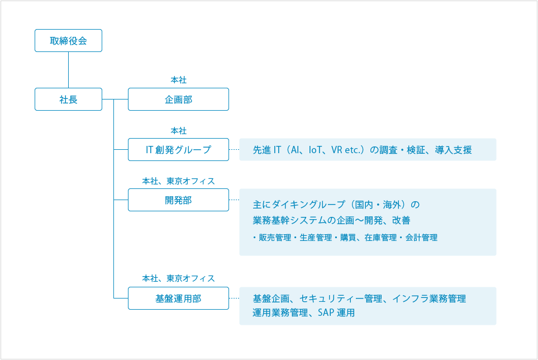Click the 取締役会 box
(x=68, y=41)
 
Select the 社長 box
(x=68, y=100)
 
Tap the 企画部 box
(x=178, y=100)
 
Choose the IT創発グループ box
(x=178, y=150)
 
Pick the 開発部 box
(x=178, y=200)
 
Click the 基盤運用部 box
(x=178, y=299)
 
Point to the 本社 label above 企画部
(x=178, y=80)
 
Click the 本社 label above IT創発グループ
(x=178, y=131)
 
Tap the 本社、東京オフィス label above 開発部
(x=178, y=181)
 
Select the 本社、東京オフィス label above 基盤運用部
(x=178, y=278)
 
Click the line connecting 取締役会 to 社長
(x=68, y=70)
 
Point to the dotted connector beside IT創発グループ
(x=234, y=150)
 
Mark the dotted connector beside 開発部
(x=234, y=200)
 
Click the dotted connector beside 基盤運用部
(x=234, y=299)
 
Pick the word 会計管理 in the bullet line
(x=421, y=238)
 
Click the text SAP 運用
(x=336, y=313)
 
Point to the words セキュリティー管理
(x=341, y=299)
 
